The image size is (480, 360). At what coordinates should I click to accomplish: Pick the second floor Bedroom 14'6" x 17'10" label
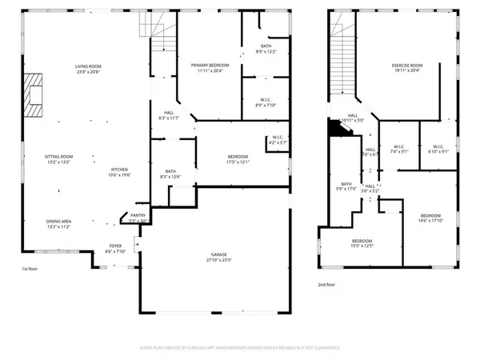click(430, 217)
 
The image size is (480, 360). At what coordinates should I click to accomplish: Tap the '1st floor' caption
click(30, 269)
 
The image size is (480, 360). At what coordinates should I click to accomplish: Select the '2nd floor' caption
click(327, 283)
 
